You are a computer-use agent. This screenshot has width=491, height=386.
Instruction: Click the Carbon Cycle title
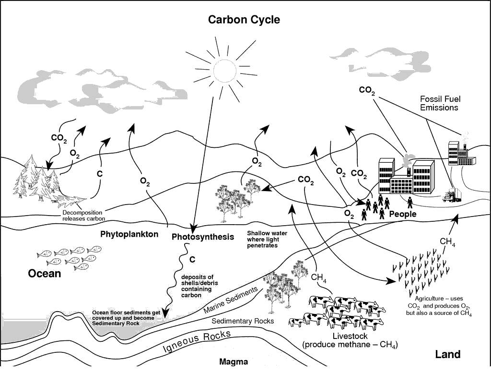pyautogui.click(x=244, y=20)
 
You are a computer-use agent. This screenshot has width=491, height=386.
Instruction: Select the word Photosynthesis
pyautogui.click(x=203, y=237)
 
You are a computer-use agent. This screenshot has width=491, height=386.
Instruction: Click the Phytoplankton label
pyautogui.click(x=129, y=234)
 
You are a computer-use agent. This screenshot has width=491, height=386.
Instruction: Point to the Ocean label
pyautogui.click(x=45, y=274)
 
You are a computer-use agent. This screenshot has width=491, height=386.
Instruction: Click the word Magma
pyautogui.click(x=234, y=362)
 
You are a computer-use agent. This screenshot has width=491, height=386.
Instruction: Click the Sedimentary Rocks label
pyautogui.click(x=243, y=321)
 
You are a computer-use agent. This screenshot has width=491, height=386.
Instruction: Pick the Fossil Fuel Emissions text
pyautogui.click(x=439, y=103)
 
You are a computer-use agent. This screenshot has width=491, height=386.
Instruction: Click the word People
pyautogui.click(x=403, y=214)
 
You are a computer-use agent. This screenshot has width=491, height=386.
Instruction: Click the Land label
pyautogui.click(x=447, y=354)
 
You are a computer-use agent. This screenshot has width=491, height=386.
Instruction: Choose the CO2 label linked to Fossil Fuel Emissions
pyautogui.click(x=367, y=91)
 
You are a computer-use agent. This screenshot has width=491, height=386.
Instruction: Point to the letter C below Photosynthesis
pyautogui.click(x=192, y=260)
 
